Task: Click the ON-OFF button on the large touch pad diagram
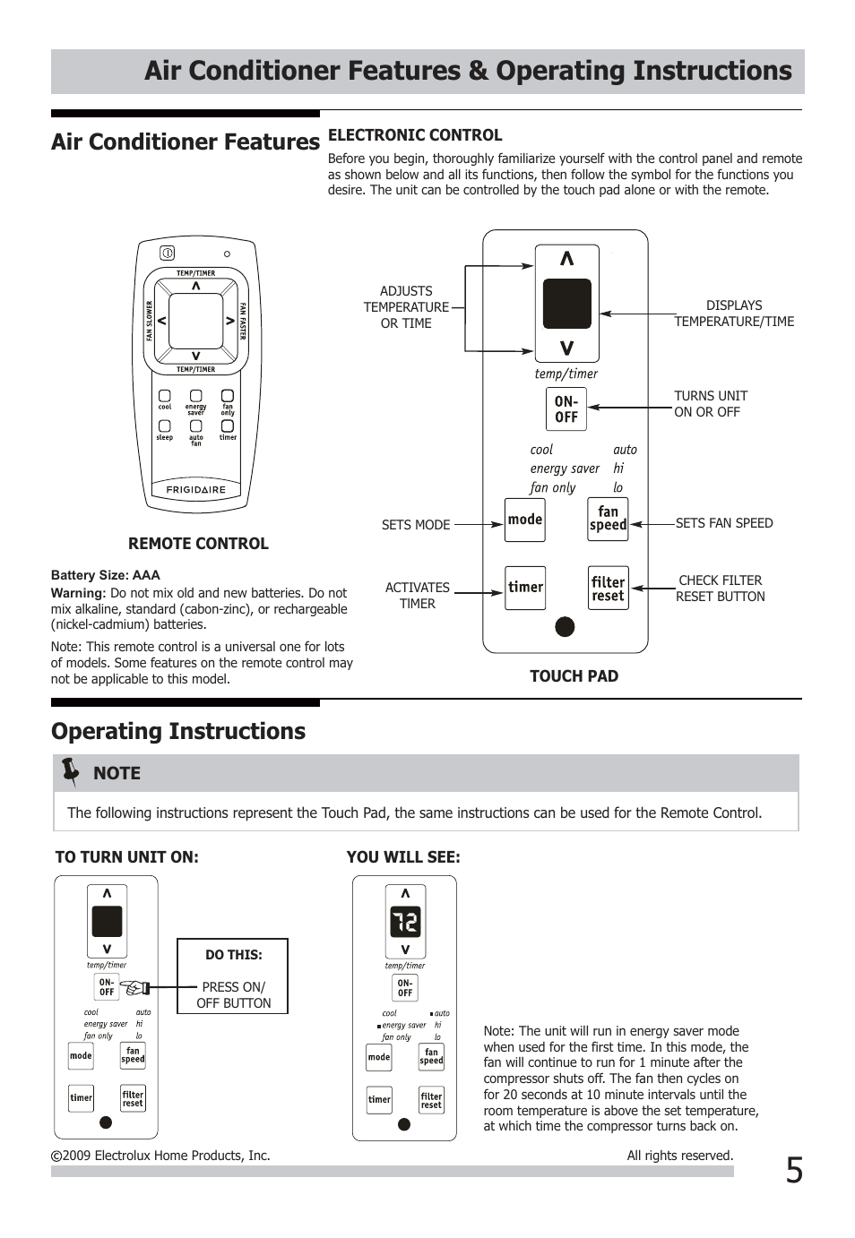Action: pos(566,409)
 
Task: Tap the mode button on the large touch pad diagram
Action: pos(525,520)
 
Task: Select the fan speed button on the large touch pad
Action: pos(608,519)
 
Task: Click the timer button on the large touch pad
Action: pos(525,588)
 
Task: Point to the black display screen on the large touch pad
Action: pos(566,304)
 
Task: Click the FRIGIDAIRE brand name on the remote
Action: pos(196,490)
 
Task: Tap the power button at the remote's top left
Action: pos(168,254)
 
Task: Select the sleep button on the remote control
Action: pos(165,426)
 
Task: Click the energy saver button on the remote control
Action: pos(195,396)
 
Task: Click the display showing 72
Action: pos(405,922)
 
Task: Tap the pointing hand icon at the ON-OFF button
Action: pos(135,988)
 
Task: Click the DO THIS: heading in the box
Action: pos(233,955)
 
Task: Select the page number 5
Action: pos(794,1171)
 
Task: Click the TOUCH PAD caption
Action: pos(574,676)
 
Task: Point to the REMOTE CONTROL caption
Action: pos(198,544)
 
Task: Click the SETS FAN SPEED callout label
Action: pos(724,523)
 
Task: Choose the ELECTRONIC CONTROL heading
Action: pos(415,135)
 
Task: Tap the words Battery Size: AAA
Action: pos(106,575)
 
